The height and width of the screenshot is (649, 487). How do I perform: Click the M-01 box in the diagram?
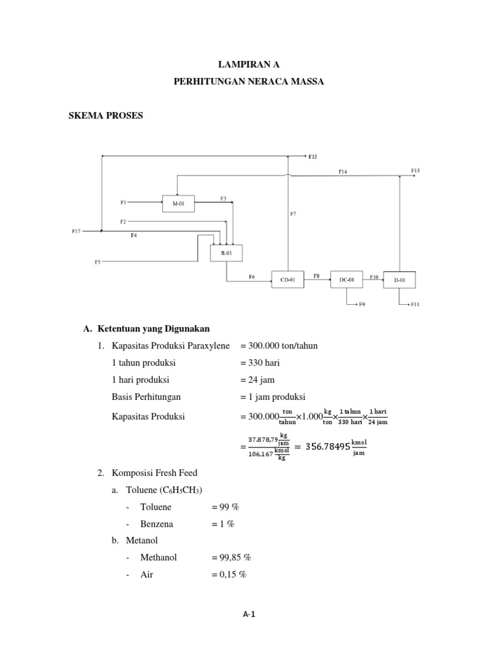point(178,203)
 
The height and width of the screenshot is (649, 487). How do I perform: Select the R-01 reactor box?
point(226,252)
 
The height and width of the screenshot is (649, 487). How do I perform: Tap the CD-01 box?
point(288,279)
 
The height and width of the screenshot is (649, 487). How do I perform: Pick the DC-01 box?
point(346,279)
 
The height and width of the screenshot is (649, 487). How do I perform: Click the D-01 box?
point(399,279)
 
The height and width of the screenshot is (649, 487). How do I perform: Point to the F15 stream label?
point(313,156)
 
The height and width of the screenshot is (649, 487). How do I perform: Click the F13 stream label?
point(415,170)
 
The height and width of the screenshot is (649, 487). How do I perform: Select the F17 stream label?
point(76,231)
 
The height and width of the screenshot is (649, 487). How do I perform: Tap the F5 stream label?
point(98,261)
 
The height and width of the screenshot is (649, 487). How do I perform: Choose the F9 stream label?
point(362,305)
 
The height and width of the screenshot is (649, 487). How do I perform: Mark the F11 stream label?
point(415,305)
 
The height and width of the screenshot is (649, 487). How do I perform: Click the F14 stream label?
point(342,171)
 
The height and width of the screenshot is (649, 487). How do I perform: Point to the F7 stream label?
point(293,214)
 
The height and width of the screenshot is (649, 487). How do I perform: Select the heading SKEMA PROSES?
point(106,116)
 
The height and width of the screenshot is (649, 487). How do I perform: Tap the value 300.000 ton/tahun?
point(279,345)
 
